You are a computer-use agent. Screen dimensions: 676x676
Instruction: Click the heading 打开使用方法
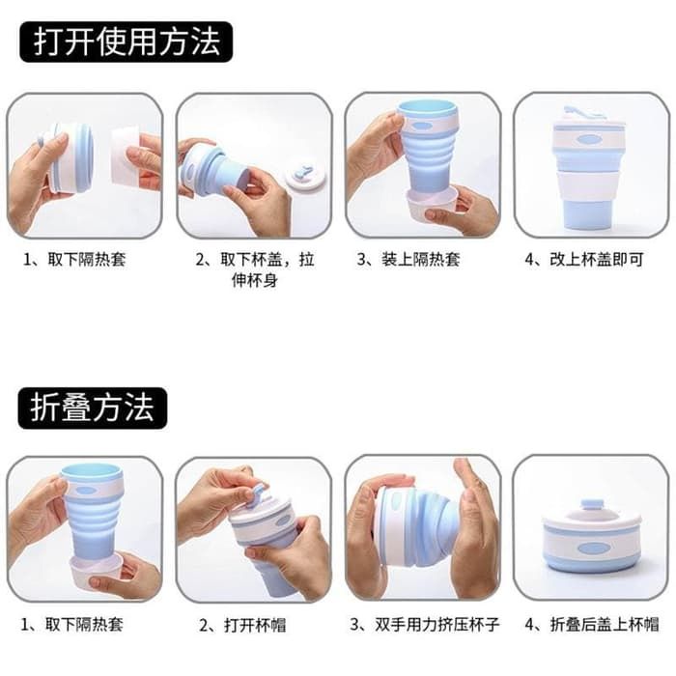click(127, 42)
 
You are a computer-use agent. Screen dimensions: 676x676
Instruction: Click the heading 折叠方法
click(93, 408)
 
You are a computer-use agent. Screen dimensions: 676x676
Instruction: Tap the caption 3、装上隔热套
click(408, 260)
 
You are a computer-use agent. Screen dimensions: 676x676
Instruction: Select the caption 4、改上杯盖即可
click(584, 260)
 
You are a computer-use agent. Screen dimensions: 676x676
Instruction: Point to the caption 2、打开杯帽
click(242, 625)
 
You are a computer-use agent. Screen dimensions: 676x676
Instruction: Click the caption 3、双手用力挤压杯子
click(425, 624)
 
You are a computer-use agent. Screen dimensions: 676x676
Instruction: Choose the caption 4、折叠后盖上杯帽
click(592, 624)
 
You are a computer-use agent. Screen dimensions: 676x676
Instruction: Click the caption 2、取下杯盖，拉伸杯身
click(255, 269)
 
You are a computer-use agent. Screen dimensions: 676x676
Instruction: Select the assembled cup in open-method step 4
click(590, 168)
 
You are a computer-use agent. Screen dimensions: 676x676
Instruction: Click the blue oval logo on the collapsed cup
click(594, 549)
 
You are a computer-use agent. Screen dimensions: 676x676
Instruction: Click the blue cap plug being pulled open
click(259, 493)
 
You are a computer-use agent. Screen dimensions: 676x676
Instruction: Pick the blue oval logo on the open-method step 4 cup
click(589, 140)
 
